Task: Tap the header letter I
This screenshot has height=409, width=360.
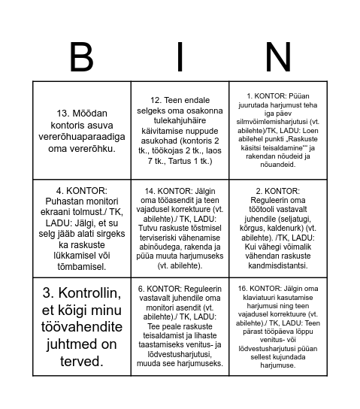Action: [180, 58]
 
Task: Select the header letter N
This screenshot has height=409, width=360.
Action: [277, 58]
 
